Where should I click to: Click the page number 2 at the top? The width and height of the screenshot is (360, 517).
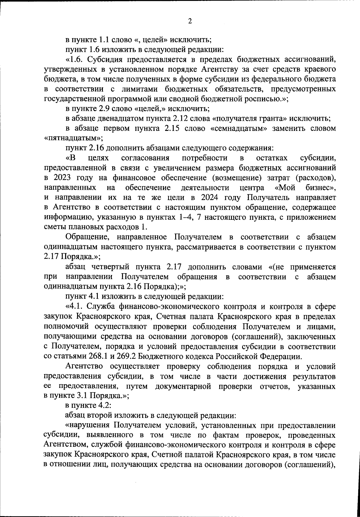(190, 21)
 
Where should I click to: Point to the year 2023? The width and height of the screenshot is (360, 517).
(62, 178)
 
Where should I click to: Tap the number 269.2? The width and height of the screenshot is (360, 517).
(121, 356)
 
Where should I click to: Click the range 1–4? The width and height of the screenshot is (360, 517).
(186, 217)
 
